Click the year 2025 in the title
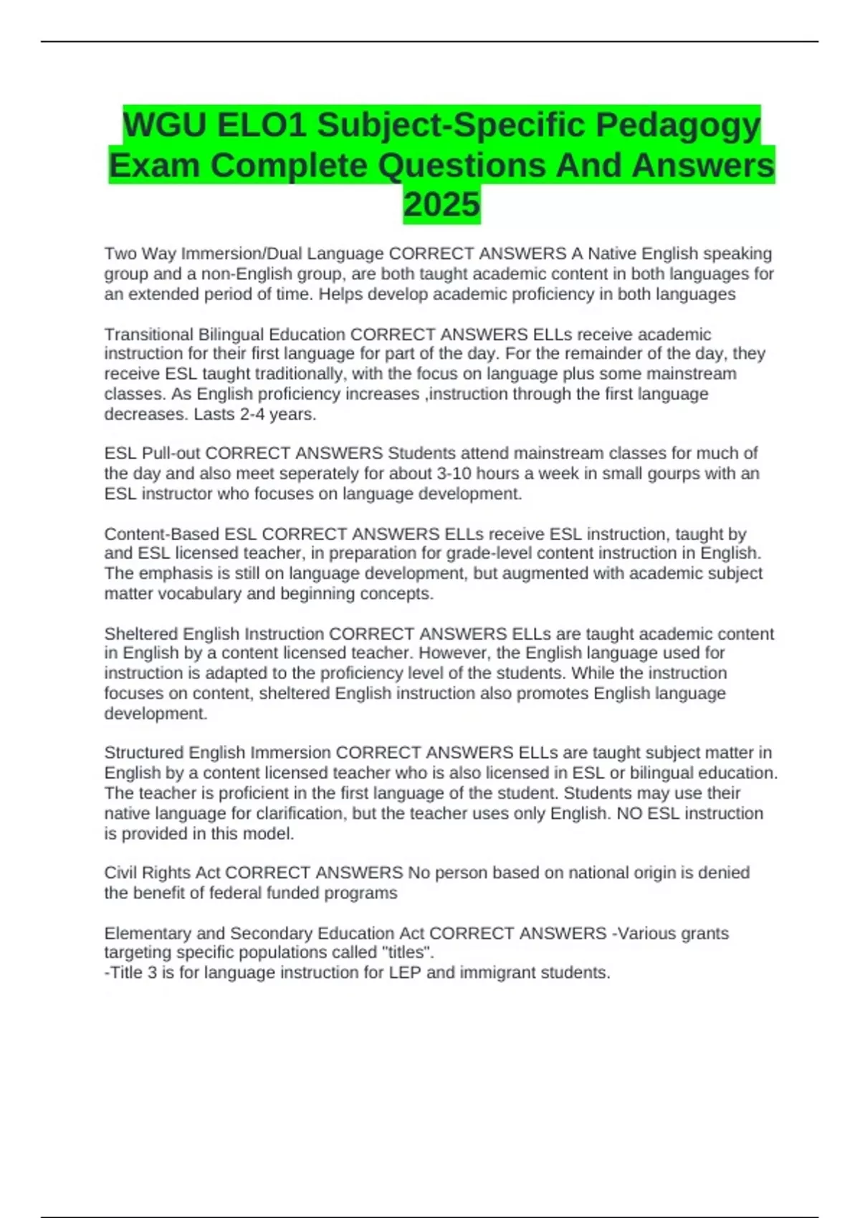pos(441,204)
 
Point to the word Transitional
pos(148,335)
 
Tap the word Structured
pos(144,753)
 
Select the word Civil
pos(119,873)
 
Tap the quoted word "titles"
pos(408,953)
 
